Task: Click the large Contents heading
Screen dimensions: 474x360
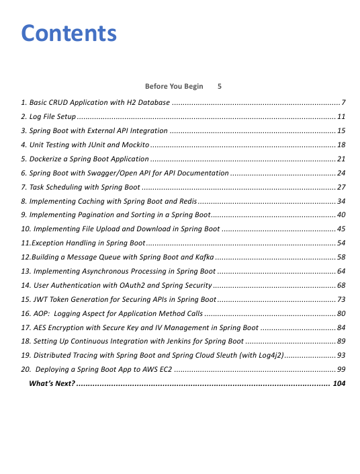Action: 69,33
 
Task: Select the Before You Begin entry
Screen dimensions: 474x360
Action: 174,87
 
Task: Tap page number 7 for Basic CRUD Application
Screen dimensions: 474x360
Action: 343,103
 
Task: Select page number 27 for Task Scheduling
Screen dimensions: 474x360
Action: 341,187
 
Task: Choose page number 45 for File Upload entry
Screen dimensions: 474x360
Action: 341,229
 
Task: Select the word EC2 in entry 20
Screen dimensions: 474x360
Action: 165,369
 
